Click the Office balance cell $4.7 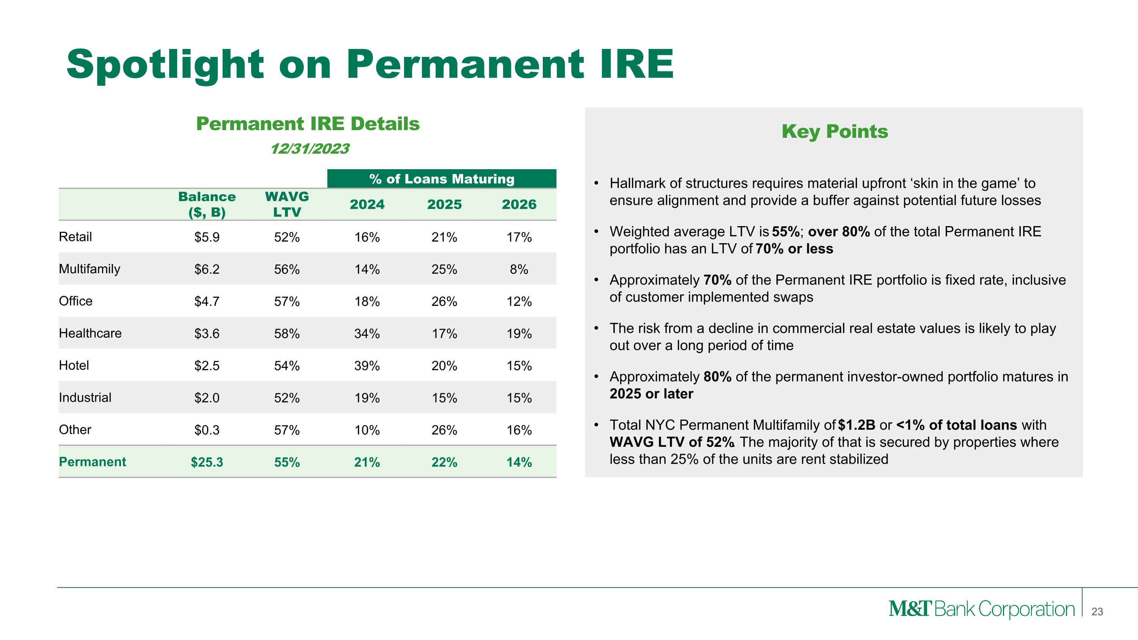pos(207,301)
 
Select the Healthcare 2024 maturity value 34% pos(367,333)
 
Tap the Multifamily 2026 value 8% pos(519,269)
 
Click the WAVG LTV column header pos(287,204)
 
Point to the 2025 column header pos(444,204)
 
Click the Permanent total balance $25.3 pos(207,462)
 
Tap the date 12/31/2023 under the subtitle pos(310,148)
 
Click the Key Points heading pos(834,131)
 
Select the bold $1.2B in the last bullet pos(856,425)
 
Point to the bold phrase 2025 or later pos(651,393)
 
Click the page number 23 pos(1097,611)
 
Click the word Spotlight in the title pos(165,65)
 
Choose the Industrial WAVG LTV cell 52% pos(287,398)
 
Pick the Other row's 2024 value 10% pos(367,430)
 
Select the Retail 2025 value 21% pos(444,237)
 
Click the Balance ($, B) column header pos(207,204)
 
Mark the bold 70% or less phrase pos(794,248)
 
